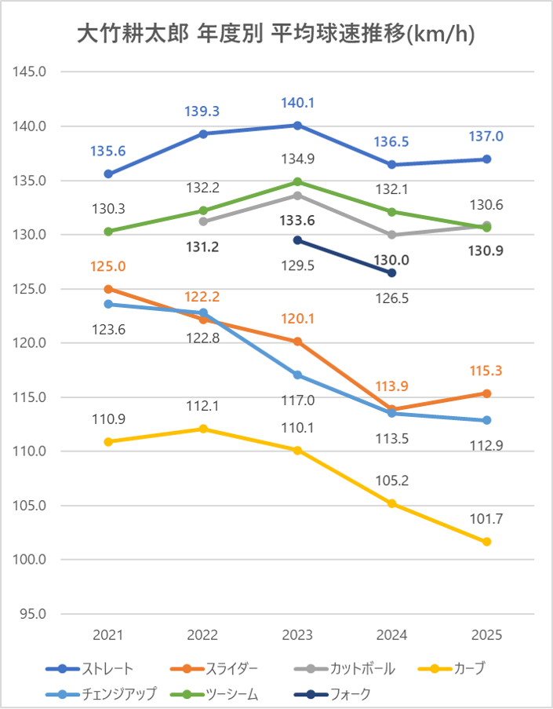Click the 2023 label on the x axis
click(x=297, y=635)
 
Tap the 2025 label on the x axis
click(x=486, y=635)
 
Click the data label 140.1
click(x=297, y=103)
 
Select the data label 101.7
click(x=486, y=519)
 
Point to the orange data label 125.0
click(x=108, y=267)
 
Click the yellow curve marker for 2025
click(x=486, y=542)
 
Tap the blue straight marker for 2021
click(x=108, y=174)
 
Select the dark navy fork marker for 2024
click(x=391, y=272)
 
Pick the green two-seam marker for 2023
click(x=297, y=181)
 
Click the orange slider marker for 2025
click(x=486, y=393)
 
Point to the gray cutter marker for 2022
click(x=203, y=221)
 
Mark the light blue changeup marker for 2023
click(x=297, y=375)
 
